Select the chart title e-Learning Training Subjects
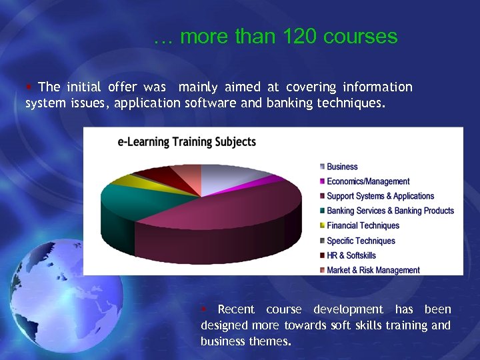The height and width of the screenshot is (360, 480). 187,142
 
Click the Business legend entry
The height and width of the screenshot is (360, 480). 342,167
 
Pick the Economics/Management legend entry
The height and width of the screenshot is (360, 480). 368,181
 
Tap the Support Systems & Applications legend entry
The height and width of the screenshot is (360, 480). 380,196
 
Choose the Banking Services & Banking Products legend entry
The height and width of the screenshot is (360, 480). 390,211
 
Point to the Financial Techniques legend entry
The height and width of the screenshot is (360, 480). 363,225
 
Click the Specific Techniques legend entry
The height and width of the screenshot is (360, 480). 361,241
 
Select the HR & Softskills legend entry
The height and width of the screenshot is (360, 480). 351,255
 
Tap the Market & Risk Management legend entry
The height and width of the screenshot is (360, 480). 373,270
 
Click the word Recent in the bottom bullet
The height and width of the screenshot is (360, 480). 236,309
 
